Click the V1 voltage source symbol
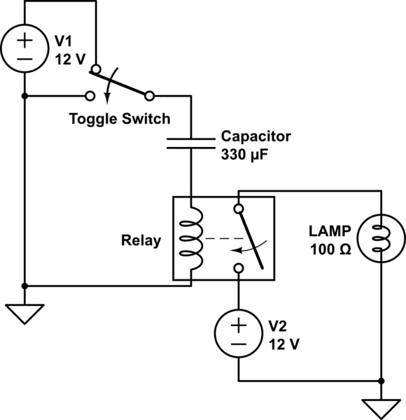coord(24,48)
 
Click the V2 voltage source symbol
coord(239,333)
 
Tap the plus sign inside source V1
coord(24,41)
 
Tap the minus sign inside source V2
coord(239,344)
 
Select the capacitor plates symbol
coord(191,143)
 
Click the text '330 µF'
coord(244,155)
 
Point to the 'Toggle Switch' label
coord(120,119)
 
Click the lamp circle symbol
coord(381,238)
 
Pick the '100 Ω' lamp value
coord(330,250)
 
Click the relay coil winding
coord(191,239)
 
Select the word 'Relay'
coord(141,241)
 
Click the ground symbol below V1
coord(24,314)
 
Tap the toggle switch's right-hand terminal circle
coord(149,96)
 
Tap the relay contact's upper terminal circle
coord(239,209)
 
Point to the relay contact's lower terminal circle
coord(239,268)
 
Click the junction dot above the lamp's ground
coord(381,381)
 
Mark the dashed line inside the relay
coord(224,239)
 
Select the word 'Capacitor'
coord(255,136)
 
